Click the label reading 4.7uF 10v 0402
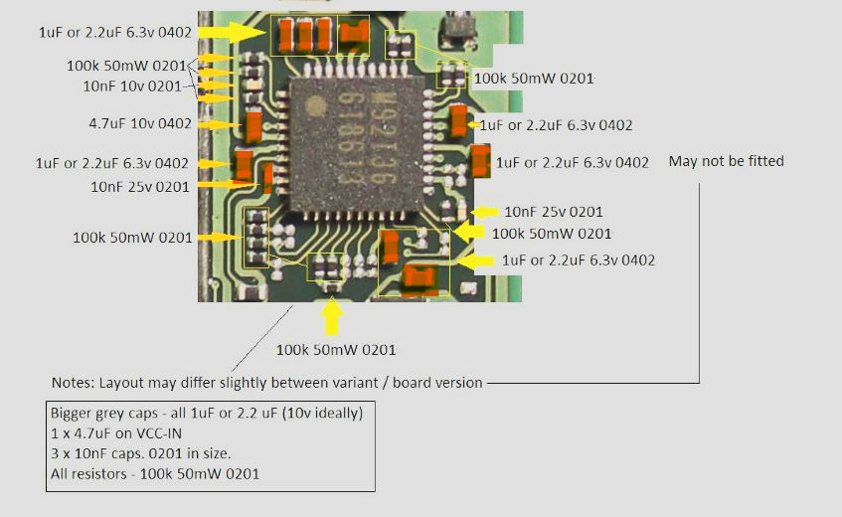(140, 124)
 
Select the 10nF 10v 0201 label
(132, 86)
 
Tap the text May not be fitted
(726, 161)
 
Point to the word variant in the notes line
(353, 383)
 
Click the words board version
(437, 383)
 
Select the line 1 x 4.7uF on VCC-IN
(116, 433)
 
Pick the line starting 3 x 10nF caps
(141, 453)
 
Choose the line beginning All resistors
(155, 474)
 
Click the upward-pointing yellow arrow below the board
(332, 316)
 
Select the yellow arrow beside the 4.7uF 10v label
(220, 125)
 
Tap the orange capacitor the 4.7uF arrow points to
(253, 125)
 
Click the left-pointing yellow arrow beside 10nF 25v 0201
(485, 212)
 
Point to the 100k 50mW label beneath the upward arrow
(336, 350)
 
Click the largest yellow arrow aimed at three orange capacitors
(232, 32)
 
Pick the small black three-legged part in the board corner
(457, 27)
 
